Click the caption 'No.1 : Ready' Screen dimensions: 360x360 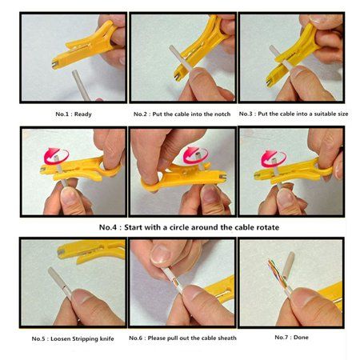73,114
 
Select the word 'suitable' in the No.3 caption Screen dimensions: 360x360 313,114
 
